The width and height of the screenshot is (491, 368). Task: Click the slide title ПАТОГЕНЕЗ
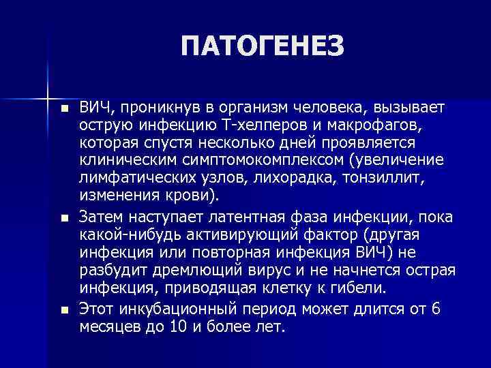[x=264, y=47]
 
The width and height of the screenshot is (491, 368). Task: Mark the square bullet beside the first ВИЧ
[x=64, y=110]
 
